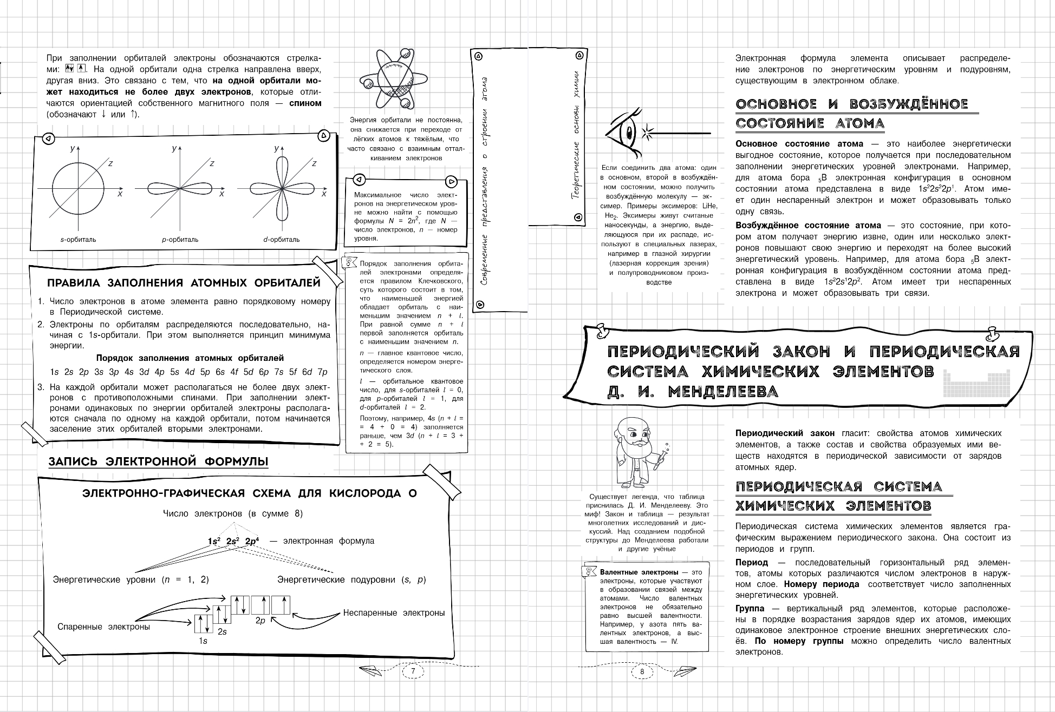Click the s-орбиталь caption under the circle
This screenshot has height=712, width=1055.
78,240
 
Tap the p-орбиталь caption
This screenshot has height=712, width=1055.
180,240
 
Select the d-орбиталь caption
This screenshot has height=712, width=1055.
281,240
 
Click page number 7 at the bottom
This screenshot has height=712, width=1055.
413,671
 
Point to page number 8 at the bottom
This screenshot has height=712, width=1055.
642,671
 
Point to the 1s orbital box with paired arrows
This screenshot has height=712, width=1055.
203,623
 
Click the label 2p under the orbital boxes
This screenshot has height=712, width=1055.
261,621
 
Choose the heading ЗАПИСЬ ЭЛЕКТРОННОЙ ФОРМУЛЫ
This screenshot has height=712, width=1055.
158,462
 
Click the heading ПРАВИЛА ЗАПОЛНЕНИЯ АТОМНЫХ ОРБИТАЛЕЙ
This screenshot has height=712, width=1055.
184,283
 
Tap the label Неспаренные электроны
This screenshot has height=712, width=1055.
394,613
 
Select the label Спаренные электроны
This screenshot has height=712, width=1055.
103,627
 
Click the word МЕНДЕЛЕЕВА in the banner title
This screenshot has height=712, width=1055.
722,392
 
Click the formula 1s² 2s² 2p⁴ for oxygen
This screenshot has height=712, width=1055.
233,541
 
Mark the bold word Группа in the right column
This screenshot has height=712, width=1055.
750,608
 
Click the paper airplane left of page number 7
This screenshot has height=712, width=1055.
372,671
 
